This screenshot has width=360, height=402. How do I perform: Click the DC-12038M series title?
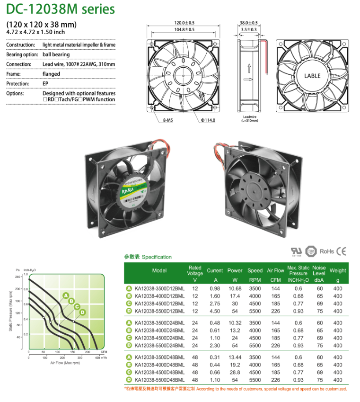61,9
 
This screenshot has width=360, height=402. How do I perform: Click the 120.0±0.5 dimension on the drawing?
184,23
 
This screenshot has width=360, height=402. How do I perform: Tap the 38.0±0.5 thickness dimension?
249,23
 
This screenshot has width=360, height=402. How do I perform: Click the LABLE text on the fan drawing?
312,76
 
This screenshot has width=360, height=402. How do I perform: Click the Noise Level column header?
319,270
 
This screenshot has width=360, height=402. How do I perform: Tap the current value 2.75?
215,304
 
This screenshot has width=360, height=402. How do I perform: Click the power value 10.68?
235,288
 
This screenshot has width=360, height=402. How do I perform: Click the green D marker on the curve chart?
82,312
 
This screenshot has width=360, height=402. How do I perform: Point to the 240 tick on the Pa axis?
18,277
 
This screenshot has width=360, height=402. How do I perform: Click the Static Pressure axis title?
11,310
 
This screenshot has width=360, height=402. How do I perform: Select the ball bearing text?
56,55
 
